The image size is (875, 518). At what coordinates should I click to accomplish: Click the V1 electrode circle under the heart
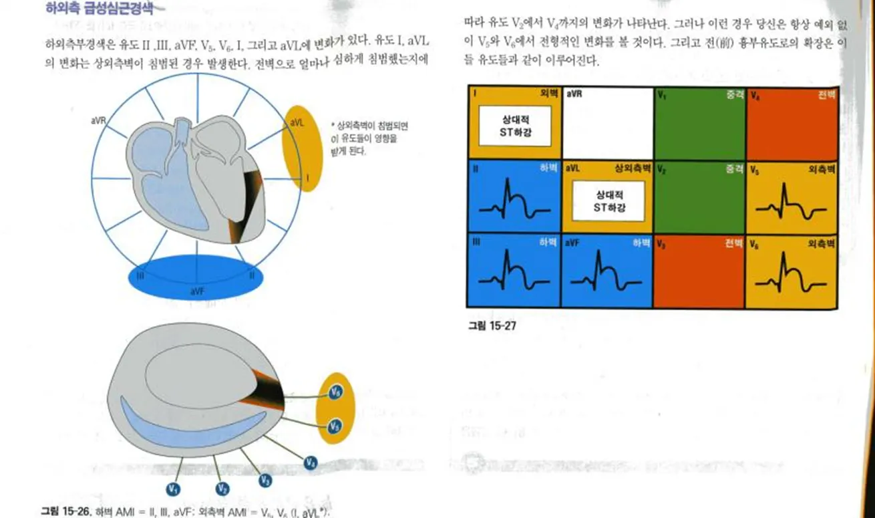coord(174,489)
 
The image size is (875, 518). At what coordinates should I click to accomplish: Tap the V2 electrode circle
coord(222,489)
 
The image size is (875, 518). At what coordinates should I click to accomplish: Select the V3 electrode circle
coord(265,481)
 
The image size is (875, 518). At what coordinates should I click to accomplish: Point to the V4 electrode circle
coord(311,462)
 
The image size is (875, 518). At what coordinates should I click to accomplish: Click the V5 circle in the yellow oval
coord(336,425)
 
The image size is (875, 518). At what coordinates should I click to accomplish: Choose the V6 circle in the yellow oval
coord(336,393)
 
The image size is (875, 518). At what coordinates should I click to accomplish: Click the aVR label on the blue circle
coord(99,121)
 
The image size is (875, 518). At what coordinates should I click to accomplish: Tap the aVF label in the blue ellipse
coord(197,291)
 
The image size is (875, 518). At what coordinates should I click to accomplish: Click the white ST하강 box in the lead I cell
coord(514,126)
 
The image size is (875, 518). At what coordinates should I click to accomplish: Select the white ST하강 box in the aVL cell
coord(608,201)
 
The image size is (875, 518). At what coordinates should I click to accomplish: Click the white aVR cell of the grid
coord(607,127)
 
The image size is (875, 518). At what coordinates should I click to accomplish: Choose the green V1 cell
coord(699,127)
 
